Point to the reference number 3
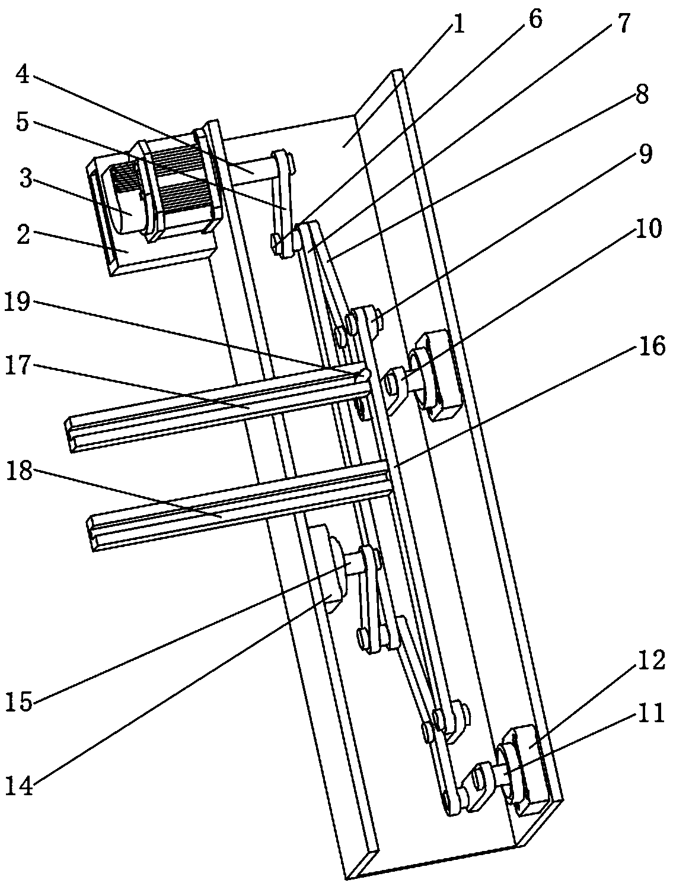[24, 178]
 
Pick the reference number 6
[534, 20]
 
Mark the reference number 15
[20, 700]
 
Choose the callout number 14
[20, 788]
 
